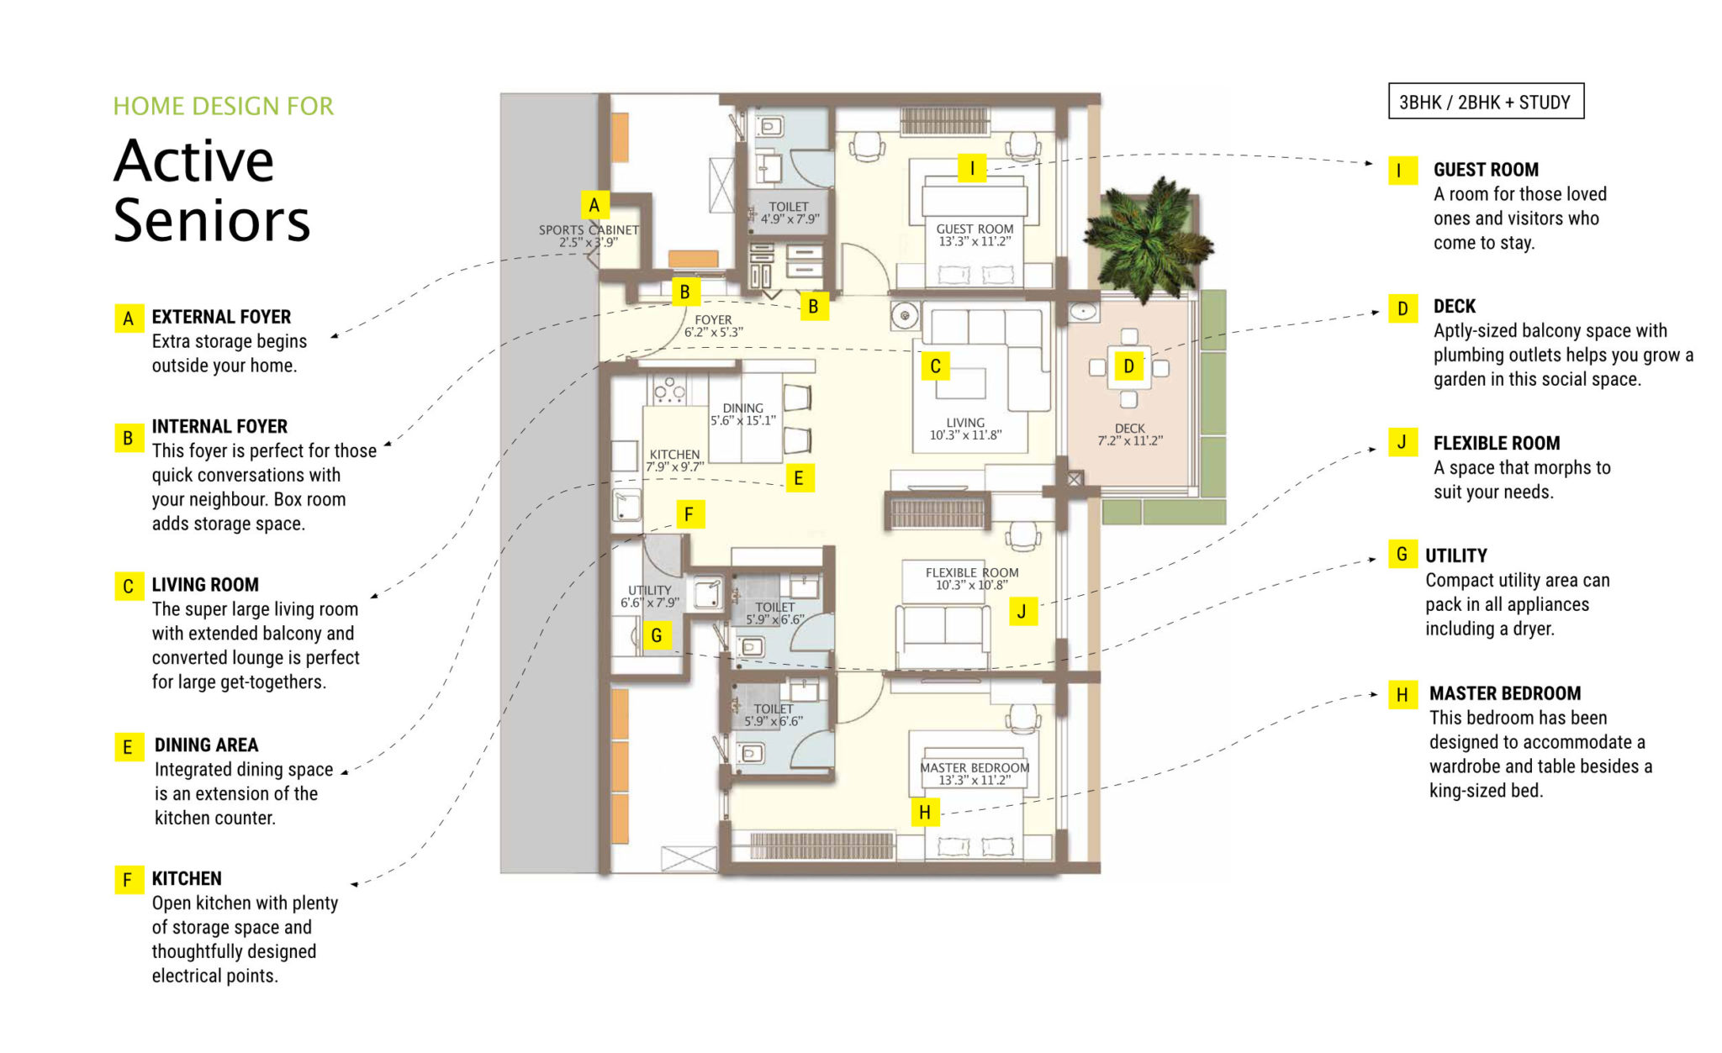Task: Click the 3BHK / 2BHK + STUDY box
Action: coord(1485,102)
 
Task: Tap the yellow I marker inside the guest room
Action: coord(972,168)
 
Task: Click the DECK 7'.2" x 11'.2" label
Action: coord(1129,434)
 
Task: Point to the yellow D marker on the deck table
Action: coord(1128,366)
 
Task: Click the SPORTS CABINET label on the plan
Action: coord(589,235)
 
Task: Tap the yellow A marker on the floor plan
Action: coord(594,205)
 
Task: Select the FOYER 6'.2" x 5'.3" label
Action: coord(713,326)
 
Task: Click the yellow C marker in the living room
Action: coord(935,366)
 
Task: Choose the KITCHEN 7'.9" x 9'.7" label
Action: coord(674,461)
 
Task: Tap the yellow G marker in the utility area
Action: coord(656,635)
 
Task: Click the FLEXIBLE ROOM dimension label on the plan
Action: coord(971,578)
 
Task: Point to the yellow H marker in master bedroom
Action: coord(925,813)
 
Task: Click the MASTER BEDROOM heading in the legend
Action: coord(1504,693)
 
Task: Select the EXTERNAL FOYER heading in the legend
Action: coord(221,317)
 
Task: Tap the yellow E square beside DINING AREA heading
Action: coord(128,747)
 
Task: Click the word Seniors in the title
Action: coord(212,221)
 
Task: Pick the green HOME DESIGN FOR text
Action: coord(224,106)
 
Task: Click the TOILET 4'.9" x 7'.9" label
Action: coord(789,213)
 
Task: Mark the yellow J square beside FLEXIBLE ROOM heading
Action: coord(1402,442)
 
